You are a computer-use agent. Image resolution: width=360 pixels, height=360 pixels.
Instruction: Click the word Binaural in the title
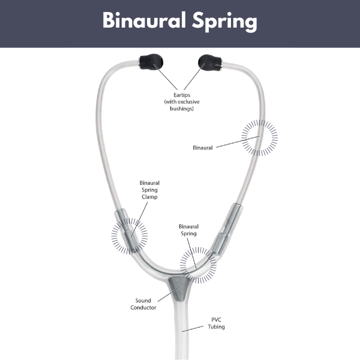click(144, 20)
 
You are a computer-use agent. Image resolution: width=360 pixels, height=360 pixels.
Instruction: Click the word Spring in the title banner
click(224, 22)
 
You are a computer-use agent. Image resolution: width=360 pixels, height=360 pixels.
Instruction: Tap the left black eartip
click(151, 62)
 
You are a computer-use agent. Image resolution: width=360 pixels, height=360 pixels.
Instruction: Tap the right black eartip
click(210, 62)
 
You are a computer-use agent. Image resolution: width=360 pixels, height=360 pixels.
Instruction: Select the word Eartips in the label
click(182, 95)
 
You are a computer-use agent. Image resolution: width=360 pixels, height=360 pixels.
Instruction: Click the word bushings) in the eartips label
click(182, 109)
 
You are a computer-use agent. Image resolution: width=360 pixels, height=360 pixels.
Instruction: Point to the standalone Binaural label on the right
click(203, 148)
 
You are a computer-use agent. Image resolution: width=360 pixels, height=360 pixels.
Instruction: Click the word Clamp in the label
click(149, 197)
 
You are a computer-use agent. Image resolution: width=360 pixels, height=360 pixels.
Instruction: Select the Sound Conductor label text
click(143, 304)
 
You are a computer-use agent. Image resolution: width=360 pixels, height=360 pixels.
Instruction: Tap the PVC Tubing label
click(216, 323)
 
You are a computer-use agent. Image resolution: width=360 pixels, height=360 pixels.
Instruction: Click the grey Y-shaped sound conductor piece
click(179, 288)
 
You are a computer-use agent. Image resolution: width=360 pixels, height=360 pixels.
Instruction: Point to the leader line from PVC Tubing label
click(193, 329)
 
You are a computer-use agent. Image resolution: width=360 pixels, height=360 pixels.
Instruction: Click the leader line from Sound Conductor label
click(168, 295)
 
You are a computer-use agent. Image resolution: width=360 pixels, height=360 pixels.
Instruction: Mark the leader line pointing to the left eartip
click(166, 77)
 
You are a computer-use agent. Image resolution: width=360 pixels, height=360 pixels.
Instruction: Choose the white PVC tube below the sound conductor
click(181, 331)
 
